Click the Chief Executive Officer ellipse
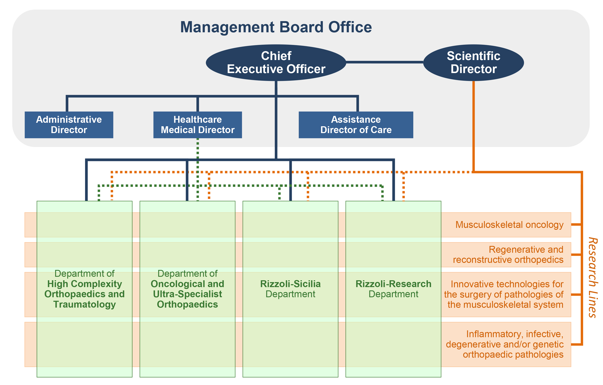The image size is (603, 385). pos(276,63)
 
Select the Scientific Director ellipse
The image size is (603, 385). pos(473,63)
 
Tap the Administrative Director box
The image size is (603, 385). pos(69,125)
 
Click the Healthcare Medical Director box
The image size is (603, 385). pos(198,125)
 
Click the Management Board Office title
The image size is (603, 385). pos(276,27)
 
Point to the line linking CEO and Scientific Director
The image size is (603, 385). pos(384,62)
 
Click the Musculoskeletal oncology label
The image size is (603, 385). pos(509,225)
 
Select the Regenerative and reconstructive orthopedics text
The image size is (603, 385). pos(508,255)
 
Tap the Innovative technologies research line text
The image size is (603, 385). pos(504,294)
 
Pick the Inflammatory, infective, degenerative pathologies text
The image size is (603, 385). pos(505,344)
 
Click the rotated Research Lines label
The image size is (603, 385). pos(592,278)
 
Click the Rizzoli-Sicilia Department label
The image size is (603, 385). pos(290,289)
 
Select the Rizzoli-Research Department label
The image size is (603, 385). pos(393,289)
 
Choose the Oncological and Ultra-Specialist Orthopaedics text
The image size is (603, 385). pos(187,294)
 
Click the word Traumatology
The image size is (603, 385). pos(84,304)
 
